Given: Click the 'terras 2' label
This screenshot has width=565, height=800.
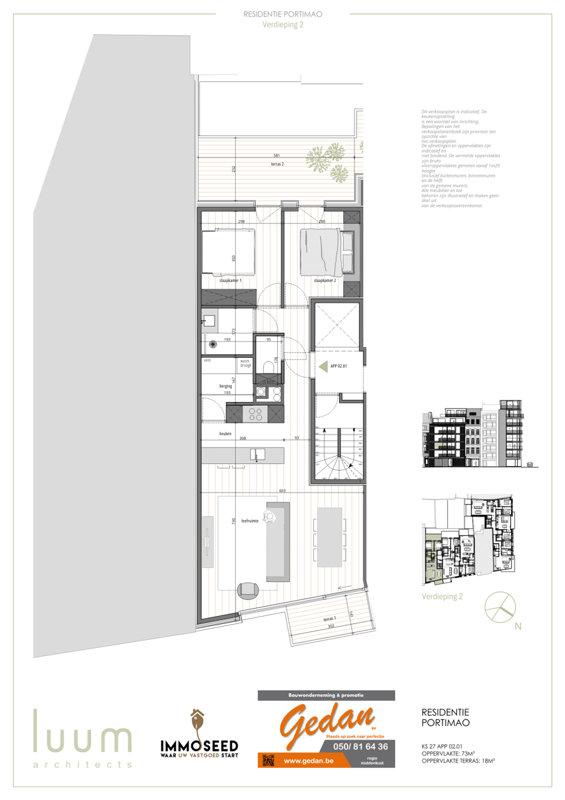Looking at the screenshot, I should (269, 163).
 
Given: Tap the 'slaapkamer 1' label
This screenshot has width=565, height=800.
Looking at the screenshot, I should (231, 281).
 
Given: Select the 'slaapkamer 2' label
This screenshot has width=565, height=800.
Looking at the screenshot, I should (324, 281).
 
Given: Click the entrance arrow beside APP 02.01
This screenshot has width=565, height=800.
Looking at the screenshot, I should (324, 366).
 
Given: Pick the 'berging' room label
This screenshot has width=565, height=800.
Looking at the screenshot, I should (226, 386).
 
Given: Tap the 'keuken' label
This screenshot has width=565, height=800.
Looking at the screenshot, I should (225, 434).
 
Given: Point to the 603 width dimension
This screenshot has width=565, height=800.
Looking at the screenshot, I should (282, 491).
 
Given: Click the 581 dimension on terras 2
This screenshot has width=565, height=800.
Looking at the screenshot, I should (267, 156).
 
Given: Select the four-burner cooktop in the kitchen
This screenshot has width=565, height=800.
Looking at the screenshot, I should (255, 415).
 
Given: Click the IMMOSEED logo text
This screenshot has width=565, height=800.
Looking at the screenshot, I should (199, 744).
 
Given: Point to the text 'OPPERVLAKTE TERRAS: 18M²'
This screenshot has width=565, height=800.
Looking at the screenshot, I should (462, 760).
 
